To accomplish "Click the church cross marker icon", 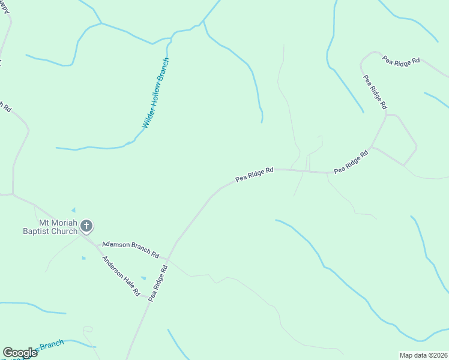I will [86, 226].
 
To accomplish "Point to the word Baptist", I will [38, 231].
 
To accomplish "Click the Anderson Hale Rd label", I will [121, 276].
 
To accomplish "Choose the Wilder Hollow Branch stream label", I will [156, 93].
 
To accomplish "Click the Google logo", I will [20, 353].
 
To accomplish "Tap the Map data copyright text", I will [424, 355].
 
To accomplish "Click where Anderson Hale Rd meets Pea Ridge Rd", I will [147, 298].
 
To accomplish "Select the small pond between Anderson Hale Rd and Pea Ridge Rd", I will [143, 278].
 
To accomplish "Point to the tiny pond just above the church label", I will [73, 209].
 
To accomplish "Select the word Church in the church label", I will [66, 231].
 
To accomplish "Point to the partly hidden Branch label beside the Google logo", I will [51, 345].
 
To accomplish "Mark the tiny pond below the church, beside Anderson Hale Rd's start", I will [83, 258].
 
